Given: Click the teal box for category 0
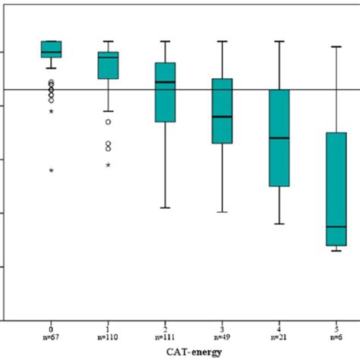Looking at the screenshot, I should (x=51, y=49).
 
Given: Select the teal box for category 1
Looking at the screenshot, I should (x=109, y=65).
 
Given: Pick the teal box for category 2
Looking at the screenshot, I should (x=166, y=92).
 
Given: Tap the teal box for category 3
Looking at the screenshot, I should (x=222, y=111).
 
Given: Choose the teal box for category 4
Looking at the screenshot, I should (x=279, y=137).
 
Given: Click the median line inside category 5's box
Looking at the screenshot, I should (x=336, y=226).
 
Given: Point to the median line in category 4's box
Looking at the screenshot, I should (x=279, y=137).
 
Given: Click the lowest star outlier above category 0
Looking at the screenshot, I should (x=51, y=170).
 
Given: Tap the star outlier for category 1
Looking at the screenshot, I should (x=109, y=165).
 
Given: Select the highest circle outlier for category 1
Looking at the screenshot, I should (x=109, y=122).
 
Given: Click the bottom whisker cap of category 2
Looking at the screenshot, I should (x=166, y=207).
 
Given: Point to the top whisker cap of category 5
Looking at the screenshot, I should (x=336, y=46).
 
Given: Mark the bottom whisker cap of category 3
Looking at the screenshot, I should (x=222, y=212).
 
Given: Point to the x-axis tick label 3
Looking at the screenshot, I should (x=222, y=326).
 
